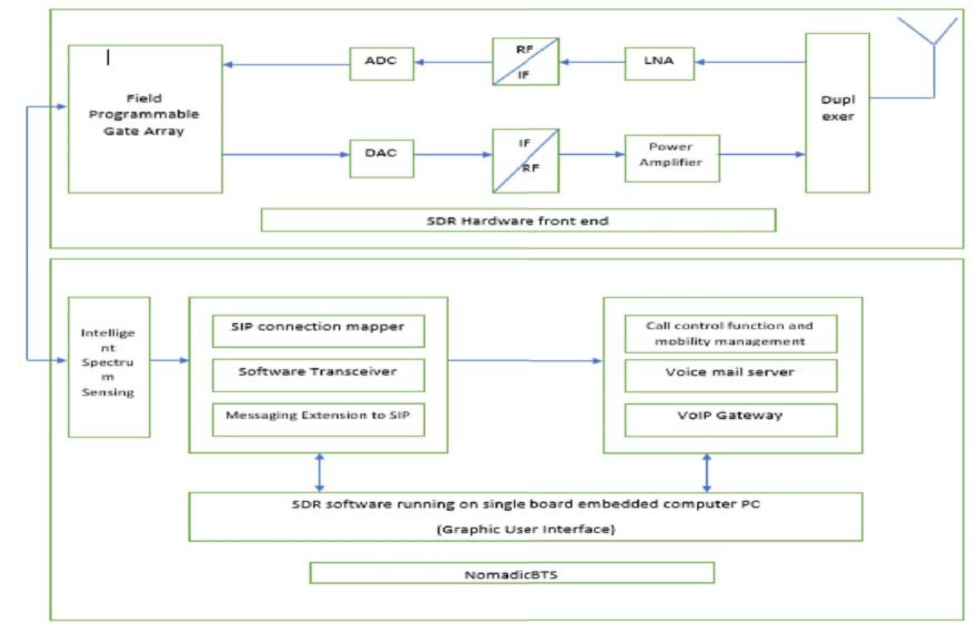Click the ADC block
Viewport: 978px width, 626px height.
tap(381, 63)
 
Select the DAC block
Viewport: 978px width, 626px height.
tap(381, 158)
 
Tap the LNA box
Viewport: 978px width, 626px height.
tap(658, 63)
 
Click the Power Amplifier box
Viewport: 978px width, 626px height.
tap(671, 158)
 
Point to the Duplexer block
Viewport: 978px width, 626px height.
tap(837, 113)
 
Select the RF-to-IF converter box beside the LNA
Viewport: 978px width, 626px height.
tap(525, 62)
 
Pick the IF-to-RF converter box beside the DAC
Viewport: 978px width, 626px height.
tap(525, 160)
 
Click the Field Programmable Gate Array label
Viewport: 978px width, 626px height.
tap(144, 115)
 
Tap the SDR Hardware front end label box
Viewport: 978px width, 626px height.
tap(518, 220)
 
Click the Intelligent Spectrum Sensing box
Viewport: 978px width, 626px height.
tap(109, 367)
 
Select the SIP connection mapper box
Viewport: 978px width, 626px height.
tap(318, 330)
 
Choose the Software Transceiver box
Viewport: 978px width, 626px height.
tap(318, 375)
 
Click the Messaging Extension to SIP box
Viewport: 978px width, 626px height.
tap(318, 419)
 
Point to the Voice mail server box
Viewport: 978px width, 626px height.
tap(730, 375)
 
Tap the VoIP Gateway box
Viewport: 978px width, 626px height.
tap(730, 419)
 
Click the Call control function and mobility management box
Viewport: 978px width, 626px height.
tap(730, 333)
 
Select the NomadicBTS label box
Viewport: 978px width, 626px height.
tap(511, 573)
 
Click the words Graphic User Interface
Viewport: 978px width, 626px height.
tap(525, 529)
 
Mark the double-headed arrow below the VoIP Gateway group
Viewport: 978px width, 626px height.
tap(706, 472)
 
